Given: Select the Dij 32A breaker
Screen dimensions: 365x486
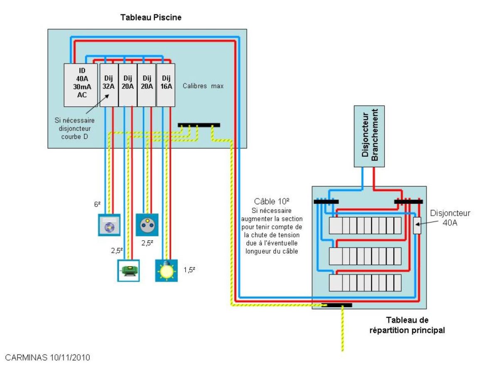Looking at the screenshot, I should click(108, 85).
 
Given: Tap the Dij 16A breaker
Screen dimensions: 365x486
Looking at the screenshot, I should click(166, 85).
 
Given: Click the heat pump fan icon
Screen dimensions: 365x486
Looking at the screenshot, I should click(109, 225).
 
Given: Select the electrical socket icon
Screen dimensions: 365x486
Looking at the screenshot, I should click(147, 224).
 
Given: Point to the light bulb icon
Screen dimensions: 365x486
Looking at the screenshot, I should click(166, 271).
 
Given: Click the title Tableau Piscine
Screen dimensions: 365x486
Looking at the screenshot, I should click(151, 17).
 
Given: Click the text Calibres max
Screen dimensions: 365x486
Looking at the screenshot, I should click(203, 86).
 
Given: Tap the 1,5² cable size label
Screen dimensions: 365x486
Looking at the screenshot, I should click(189, 269).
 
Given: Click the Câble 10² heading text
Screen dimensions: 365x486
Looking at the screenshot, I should click(272, 202).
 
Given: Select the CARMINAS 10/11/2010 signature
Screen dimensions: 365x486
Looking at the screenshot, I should click(47, 357).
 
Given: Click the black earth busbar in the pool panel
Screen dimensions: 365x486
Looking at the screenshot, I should click(199, 125).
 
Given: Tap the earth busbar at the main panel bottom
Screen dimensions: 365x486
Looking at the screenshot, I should click(337, 305).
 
